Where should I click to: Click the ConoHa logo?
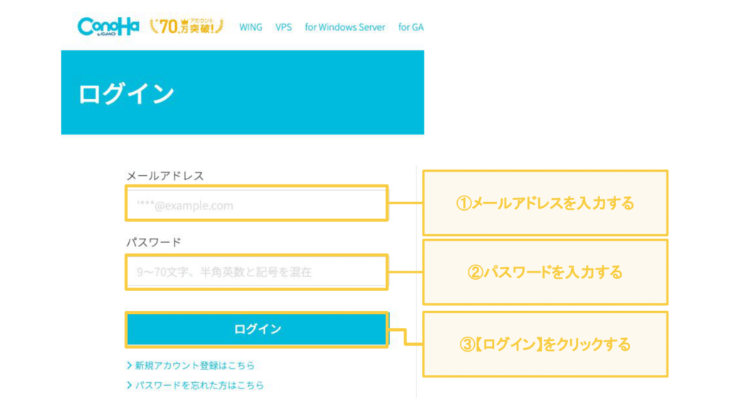(x=108, y=26)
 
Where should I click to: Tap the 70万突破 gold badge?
(x=187, y=26)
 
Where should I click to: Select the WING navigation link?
(x=251, y=27)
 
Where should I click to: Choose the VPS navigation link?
(x=283, y=27)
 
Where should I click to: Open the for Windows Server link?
(x=345, y=27)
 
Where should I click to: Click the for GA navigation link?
(x=411, y=27)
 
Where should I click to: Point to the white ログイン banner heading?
(x=126, y=93)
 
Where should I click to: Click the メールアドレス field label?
(x=165, y=176)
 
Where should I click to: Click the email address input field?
(x=256, y=203)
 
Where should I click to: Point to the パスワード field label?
(x=154, y=242)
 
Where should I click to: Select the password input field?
(x=256, y=272)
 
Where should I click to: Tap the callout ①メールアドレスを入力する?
(x=545, y=203)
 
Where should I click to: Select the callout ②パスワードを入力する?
(x=545, y=272)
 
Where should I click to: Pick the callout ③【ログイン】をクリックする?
(x=545, y=344)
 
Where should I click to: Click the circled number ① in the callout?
(x=463, y=203)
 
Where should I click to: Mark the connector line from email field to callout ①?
(x=405, y=203)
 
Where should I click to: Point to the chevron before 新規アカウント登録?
(x=130, y=365)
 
